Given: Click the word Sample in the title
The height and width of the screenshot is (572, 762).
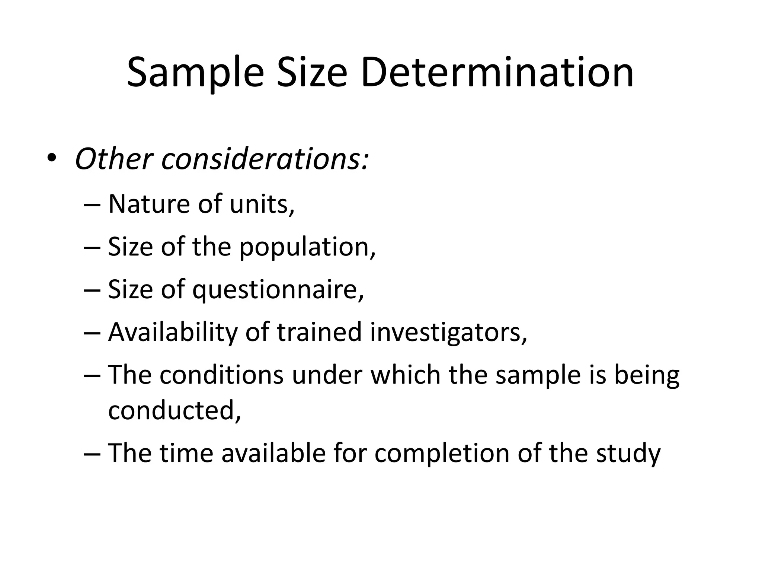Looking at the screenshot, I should coord(195,73).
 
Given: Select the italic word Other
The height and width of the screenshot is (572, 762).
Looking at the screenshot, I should coord(114,159).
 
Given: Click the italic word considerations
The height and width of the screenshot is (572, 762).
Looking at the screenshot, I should coord(265,159).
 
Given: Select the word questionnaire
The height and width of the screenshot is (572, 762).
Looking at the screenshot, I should coord(278,290).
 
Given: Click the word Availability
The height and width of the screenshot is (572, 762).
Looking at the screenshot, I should coord(173,332).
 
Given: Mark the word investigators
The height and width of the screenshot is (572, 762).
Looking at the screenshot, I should coord(448,332).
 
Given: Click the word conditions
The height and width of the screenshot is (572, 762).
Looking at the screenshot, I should coord(222,375).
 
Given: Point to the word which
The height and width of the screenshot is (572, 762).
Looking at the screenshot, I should coord(406,375).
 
